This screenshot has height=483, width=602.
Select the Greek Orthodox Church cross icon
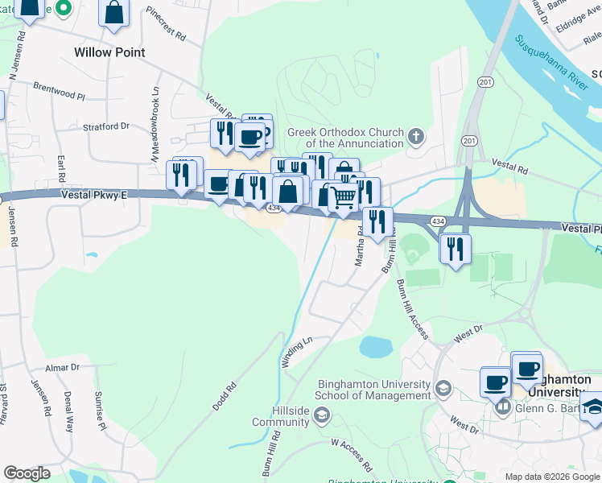coord(416,135)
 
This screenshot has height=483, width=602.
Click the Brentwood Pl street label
coord(59,90)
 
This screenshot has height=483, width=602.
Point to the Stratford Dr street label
coord(107,126)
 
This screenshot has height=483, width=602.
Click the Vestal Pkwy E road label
coord(93,195)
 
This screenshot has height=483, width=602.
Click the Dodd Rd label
coord(225,397)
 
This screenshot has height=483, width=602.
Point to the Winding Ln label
coord(296,351)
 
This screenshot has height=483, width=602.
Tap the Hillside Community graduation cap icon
coord(321,415)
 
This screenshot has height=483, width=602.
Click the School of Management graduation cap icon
coord(443,390)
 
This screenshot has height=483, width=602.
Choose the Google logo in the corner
coord(27,473)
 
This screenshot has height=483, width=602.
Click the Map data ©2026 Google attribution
coord(552,477)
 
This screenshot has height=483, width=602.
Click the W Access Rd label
coord(353,454)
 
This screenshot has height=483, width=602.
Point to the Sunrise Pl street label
coord(101,399)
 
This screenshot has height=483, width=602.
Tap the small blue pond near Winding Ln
coord(375,347)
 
